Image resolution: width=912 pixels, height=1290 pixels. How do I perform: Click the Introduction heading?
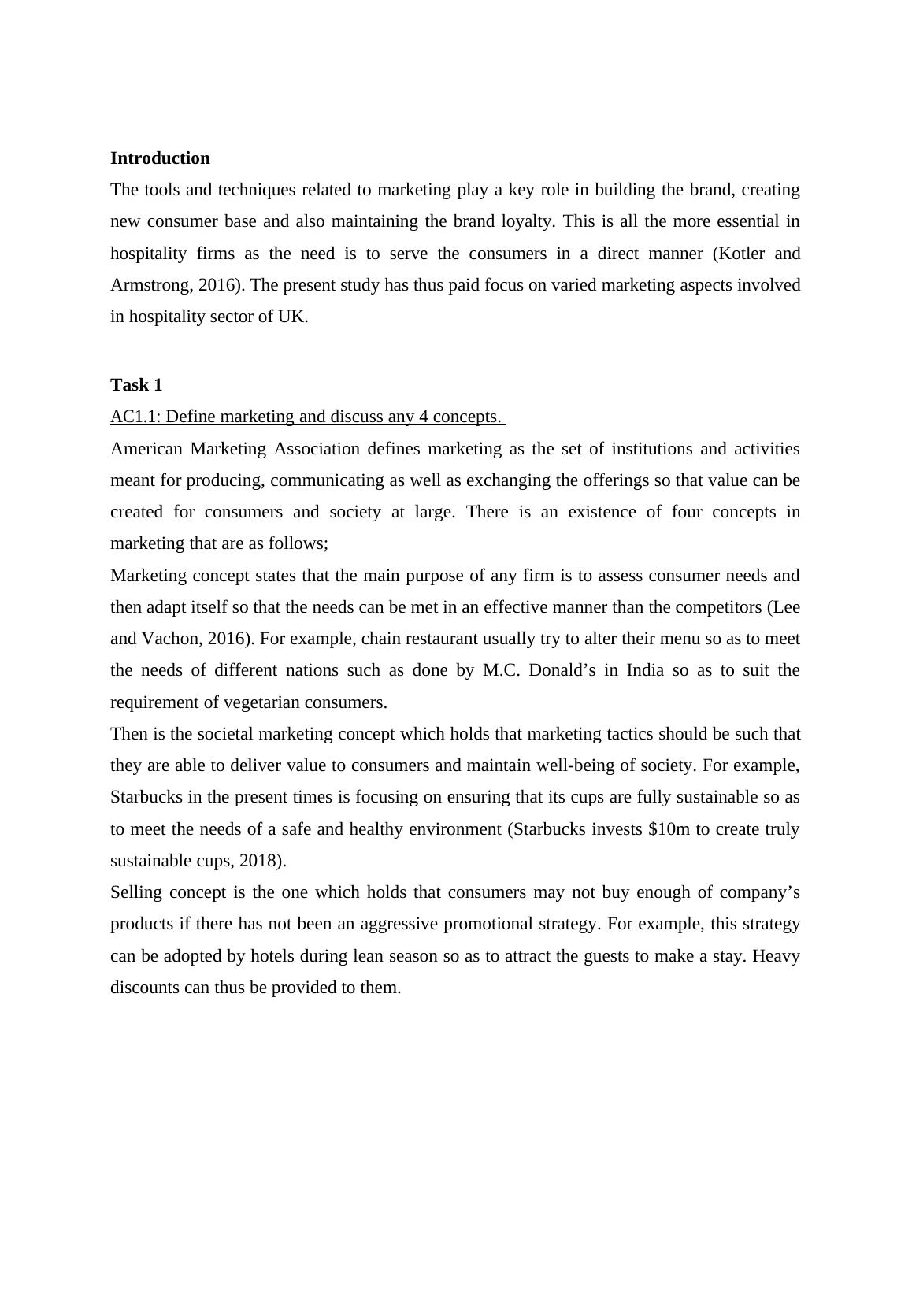(x=160, y=158)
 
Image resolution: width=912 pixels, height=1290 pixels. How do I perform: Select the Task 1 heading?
(x=136, y=385)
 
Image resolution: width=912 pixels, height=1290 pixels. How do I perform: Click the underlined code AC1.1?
(x=135, y=417)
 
